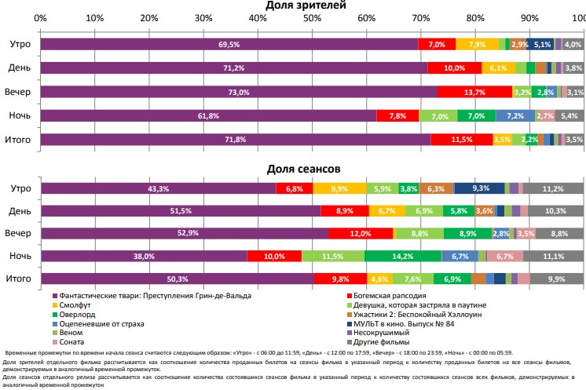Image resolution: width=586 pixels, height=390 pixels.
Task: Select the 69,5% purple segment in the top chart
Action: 229,45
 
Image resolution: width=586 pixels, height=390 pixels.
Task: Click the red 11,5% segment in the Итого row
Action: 461,140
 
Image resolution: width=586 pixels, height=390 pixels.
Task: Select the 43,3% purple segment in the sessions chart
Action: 158,188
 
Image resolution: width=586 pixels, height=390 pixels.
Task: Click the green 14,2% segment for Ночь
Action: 403,256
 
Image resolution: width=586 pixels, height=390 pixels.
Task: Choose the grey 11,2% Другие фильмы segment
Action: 554,188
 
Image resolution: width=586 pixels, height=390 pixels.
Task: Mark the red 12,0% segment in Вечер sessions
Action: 361,233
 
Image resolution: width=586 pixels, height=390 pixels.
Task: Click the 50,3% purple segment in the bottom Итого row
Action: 177,279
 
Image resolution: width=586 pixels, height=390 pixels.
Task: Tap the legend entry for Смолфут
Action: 71,303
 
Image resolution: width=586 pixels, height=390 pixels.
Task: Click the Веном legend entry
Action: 66,332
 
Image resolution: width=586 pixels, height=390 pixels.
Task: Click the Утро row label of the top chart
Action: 20,45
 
